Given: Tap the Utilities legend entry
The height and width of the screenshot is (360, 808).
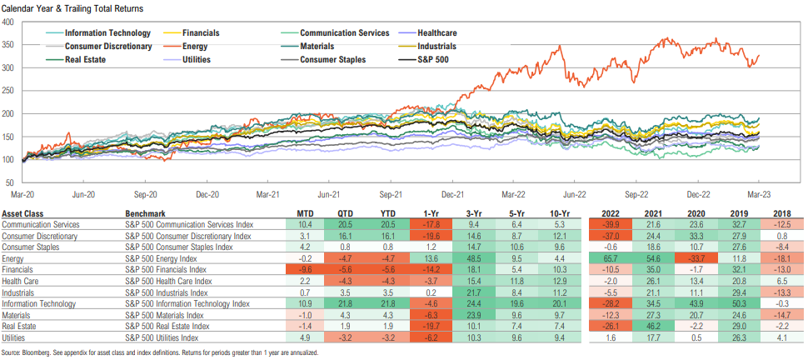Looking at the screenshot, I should [206, 59].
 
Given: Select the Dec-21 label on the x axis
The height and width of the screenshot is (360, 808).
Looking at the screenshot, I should [452, 193].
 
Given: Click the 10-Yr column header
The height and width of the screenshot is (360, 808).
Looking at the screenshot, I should [556, 213].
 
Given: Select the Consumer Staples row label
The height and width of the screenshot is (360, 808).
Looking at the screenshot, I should [32, 247].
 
